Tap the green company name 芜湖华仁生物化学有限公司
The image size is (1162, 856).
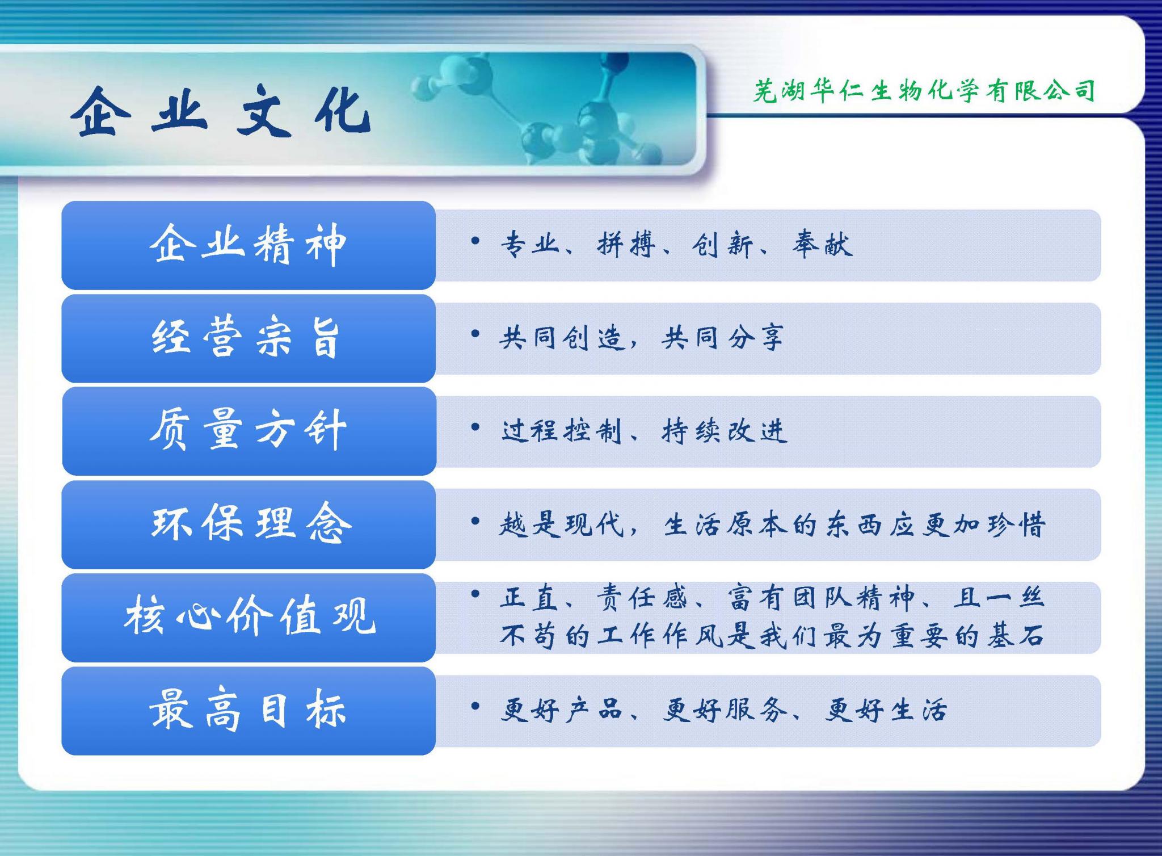(924, 91)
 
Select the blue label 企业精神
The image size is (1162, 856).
(249, 245)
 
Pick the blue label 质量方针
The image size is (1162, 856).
(249, 430)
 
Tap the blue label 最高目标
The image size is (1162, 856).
(247, 710)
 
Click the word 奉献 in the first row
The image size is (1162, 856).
(822, 245)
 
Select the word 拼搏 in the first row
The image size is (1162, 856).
(626, 245)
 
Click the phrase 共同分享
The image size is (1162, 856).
(723, 338)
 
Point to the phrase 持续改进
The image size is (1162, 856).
(725, 431)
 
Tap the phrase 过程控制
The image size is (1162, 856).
(562, 431)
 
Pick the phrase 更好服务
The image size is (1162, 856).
(725, 710)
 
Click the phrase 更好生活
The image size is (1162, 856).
(887, 710)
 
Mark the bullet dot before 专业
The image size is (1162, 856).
(475, 241)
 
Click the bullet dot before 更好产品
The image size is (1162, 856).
(475, 706)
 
